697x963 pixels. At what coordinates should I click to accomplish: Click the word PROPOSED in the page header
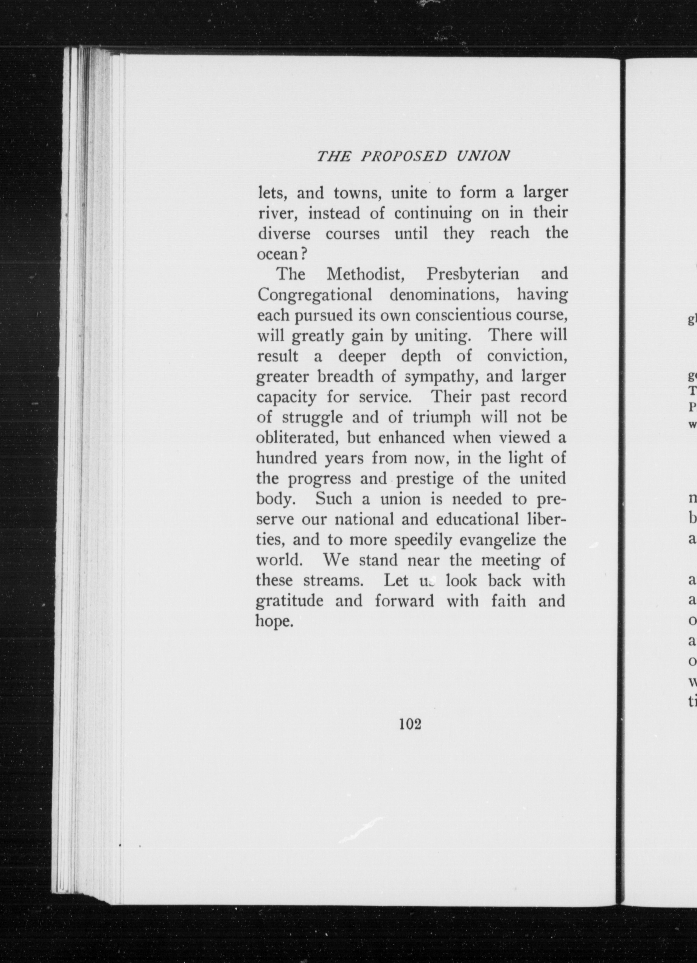pyautogui.click(x=404, y=156)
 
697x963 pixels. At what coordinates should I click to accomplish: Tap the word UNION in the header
pyautogui.click(x=483, y=156)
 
